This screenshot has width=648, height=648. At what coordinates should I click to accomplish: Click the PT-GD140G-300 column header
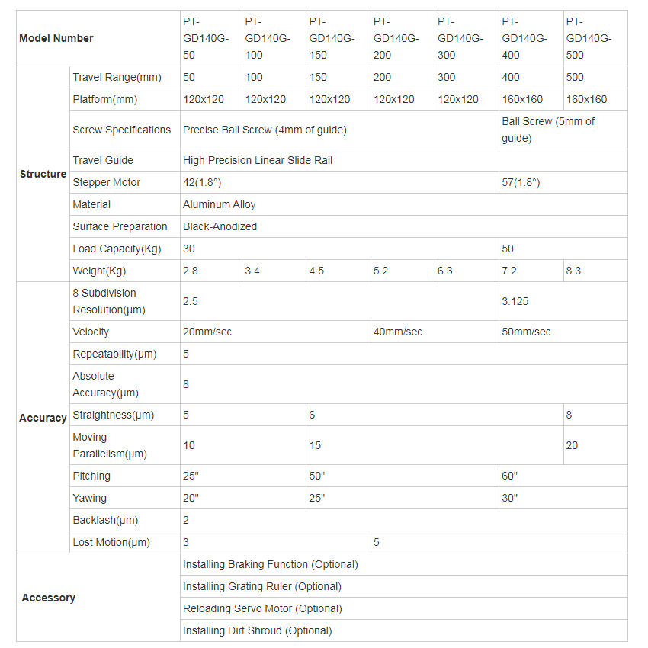460,38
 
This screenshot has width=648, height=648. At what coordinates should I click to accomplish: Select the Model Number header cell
56,38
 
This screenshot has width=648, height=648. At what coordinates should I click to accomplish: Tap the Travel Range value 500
575,77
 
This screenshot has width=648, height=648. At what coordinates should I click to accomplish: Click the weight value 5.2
381,271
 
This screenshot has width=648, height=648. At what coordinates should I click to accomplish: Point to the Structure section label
43,174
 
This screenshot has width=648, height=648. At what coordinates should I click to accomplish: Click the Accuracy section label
43,418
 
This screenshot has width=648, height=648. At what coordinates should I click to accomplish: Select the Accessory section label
48,598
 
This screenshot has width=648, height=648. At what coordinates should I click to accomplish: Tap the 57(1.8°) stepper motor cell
521,182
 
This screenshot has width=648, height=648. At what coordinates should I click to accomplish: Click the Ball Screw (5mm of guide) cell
548,130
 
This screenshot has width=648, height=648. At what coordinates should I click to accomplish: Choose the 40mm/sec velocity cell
397,332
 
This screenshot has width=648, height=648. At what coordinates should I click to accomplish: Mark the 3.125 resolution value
515,301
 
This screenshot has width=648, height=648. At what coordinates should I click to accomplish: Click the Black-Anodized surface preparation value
220,226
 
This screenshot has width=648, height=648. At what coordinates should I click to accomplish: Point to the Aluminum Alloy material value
220,204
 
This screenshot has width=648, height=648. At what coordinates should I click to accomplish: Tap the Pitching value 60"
510,476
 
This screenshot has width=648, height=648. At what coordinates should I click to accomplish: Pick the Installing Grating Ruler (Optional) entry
262,586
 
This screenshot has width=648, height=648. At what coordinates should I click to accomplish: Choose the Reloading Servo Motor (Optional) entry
262,608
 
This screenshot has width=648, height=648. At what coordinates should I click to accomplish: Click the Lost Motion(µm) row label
111,542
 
